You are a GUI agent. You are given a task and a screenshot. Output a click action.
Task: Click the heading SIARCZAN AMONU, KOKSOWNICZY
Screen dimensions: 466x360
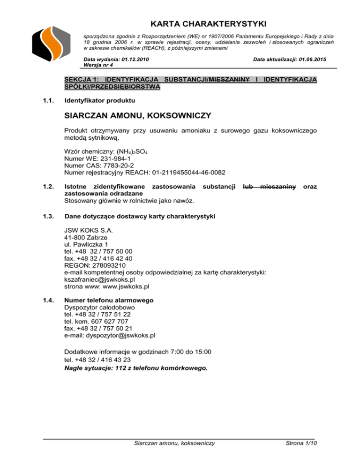(x=138, y=115)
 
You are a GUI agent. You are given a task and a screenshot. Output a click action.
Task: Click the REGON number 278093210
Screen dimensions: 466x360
(x=108, y=264)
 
